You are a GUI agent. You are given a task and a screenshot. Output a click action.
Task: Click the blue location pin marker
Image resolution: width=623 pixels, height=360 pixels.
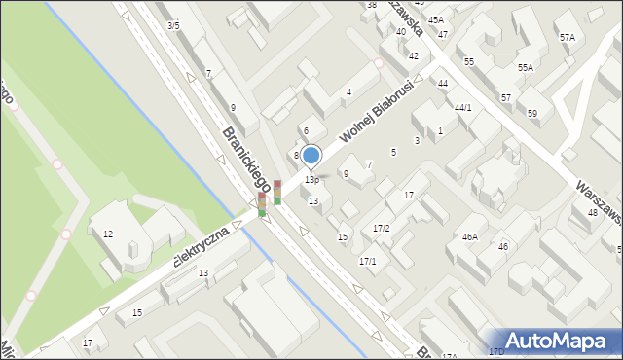[x=311, y=156]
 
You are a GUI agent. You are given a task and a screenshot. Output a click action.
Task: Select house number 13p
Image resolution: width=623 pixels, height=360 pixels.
[x=311, y=180]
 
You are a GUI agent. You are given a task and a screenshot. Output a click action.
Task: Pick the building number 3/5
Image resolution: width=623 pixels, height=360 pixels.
[x=173, y=25]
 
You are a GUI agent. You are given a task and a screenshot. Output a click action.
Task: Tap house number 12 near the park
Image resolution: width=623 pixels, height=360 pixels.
[x=108, y=234]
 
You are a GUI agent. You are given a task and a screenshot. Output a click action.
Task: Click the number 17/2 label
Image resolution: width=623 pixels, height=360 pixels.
[x=382, y=228]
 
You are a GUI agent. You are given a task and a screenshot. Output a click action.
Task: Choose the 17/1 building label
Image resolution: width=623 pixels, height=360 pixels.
[x=368, y=261]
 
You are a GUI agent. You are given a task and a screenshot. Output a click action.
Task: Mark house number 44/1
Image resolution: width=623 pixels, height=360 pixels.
[x=462, y=107]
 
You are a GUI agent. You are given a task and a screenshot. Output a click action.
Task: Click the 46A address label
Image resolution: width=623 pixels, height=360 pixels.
[x=470, y=236]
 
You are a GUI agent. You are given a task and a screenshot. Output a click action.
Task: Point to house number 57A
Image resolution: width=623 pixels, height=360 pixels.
[x=567, y=37]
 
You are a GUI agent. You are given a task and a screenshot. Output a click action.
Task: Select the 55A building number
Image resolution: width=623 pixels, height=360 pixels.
[x=526, y=68]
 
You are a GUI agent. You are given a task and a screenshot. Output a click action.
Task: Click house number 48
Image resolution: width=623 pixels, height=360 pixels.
[x=592, y=212]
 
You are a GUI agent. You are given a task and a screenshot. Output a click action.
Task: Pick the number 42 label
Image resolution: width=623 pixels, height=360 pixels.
[x=414, y=55]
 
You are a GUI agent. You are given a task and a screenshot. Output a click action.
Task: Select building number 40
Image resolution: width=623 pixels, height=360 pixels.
[x=401, y=31]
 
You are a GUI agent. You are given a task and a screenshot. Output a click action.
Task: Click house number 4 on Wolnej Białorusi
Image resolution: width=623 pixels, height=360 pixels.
[x=348, y=92]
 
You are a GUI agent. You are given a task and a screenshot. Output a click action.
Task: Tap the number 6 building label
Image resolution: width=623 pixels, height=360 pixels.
[x=306, y=130]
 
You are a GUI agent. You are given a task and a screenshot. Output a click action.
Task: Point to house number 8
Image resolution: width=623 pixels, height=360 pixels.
[x=296, y=155]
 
